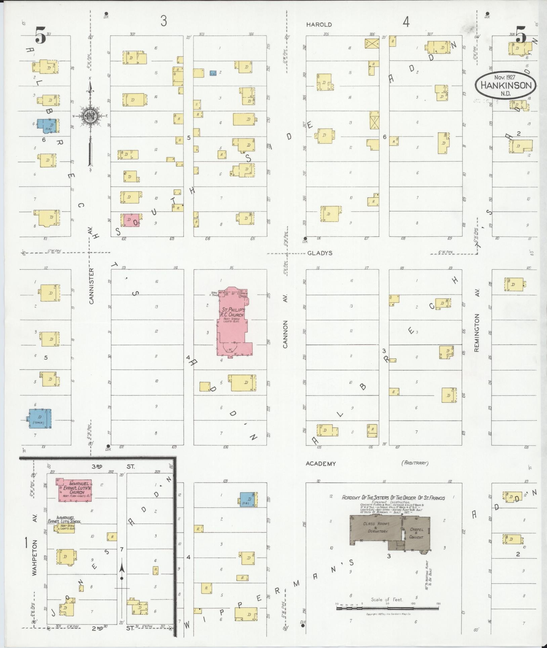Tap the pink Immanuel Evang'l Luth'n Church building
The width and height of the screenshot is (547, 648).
pos(75,490)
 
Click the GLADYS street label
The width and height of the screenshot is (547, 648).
pos(320,253)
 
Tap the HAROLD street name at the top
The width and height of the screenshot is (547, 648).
pos(319,25)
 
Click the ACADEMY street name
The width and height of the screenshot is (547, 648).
pos(321,464)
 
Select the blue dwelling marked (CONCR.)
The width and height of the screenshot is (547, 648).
pos(40,418)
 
